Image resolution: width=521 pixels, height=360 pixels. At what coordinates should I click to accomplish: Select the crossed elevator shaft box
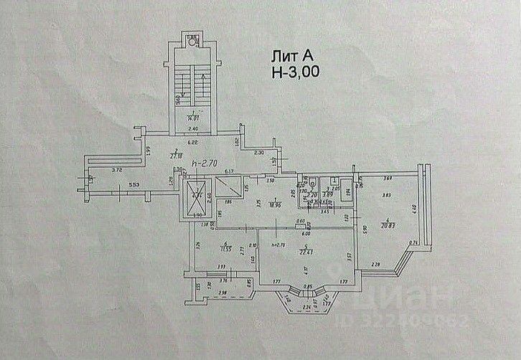(x=195, y=198)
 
